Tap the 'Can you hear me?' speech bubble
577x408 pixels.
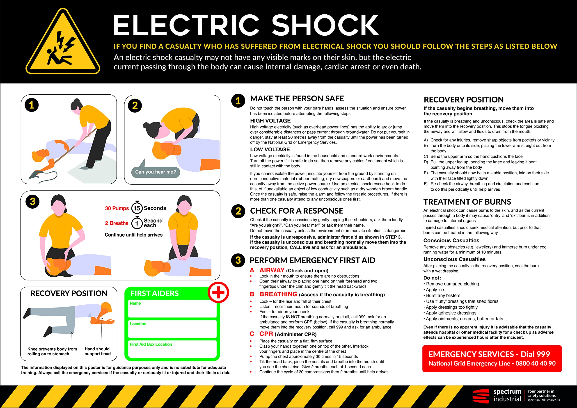[x=156, y=172]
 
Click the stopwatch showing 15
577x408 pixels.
[x=137, y=208]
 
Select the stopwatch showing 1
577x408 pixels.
[x=137, y=223]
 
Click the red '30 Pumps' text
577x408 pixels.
[x=117, y=208]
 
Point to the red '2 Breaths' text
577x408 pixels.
[x=117, y=223]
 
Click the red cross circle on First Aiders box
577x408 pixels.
[x=218, y=292]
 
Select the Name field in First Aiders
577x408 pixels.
[x=172, y=309]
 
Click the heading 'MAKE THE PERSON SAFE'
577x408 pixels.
[x=297, y=99]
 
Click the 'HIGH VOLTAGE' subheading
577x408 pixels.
[x=270, y=121]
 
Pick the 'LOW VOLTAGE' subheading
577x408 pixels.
[x=270, y=150]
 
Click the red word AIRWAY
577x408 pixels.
[x=272, y=270]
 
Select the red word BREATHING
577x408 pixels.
[x=278, y=294]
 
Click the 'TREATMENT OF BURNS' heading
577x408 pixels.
[x=467, y=202]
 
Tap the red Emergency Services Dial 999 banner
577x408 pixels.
[x=492, y=358]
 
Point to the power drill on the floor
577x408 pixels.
[x=35, y=174]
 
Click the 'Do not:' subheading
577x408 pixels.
[x=432, y=278]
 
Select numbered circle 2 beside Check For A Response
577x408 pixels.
[x=238, y=211]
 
